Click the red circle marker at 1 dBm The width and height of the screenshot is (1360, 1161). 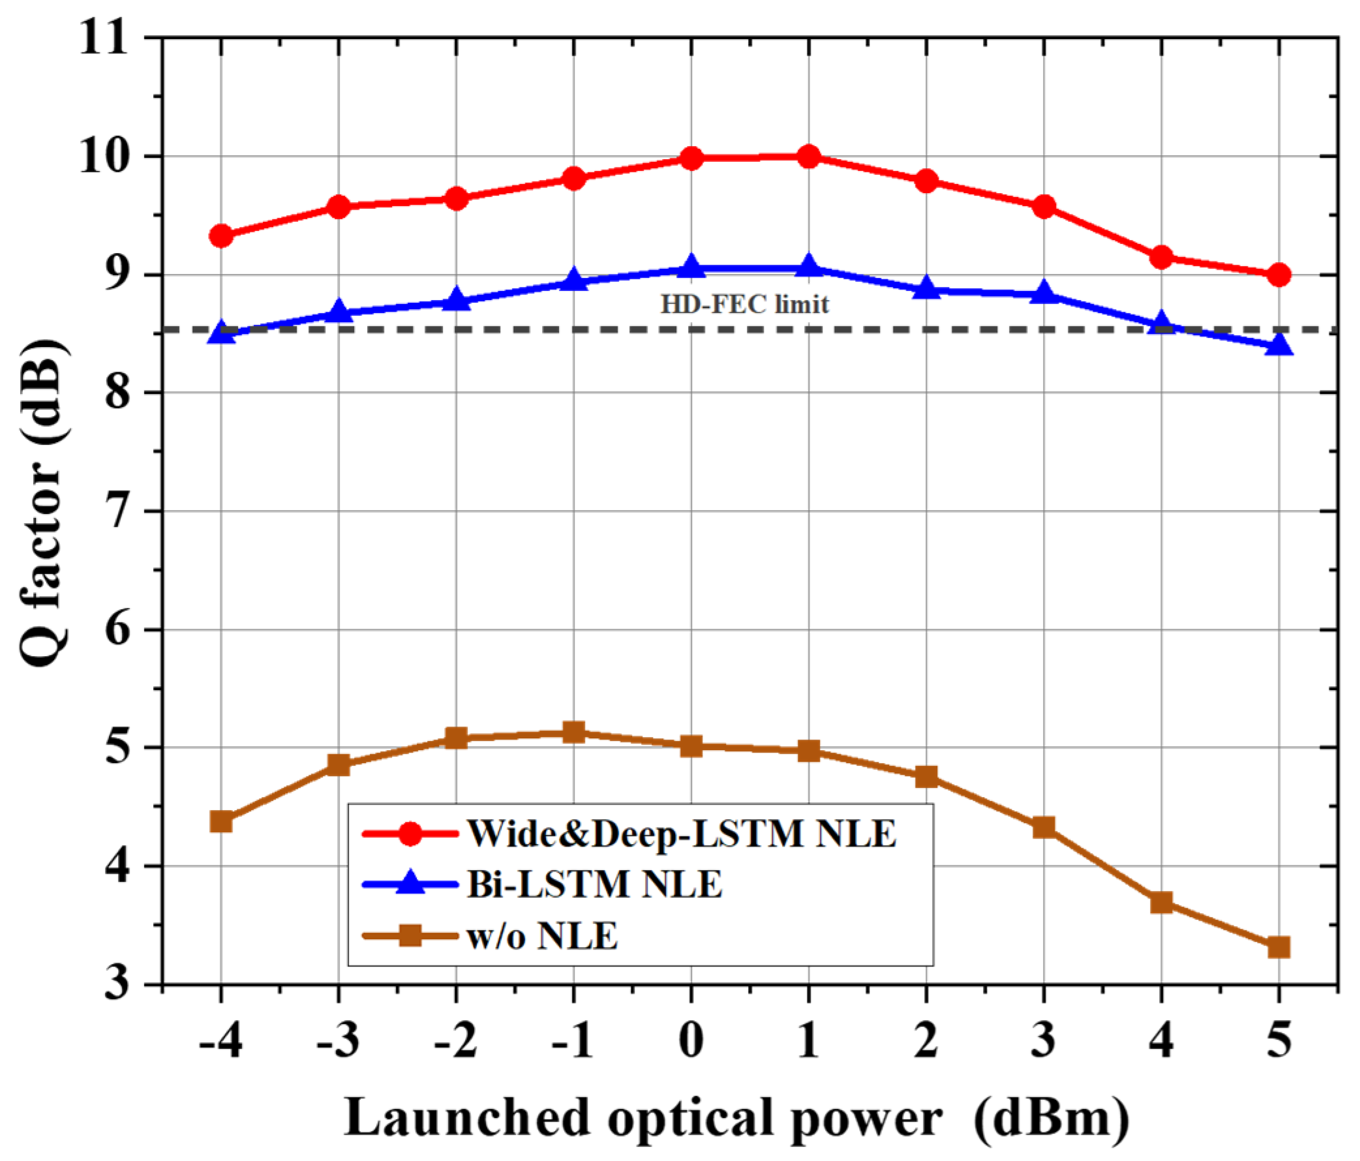click(x=808, y=157)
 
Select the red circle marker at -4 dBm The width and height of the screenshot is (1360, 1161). click(x=221, y=235)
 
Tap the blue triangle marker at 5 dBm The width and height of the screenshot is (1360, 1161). click(x=1278, y=344)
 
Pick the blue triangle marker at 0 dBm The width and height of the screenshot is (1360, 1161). click(x=691, y=267)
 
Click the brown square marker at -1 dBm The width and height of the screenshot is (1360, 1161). click(x=573, y=732)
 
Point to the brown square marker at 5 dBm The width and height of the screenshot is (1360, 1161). click(x=1278, y=947)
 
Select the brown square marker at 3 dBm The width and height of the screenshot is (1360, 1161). click(x=1044, y=828)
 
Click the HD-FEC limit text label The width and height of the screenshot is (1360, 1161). click(x=744, y=305)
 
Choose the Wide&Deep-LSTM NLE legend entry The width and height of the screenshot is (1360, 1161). click(x=682, y=834)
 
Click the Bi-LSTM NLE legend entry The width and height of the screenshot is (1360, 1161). click(x=594, y=884)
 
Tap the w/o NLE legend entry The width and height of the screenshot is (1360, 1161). click(x=542, y=935)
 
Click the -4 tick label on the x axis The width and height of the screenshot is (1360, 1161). click(x=220, y=1040)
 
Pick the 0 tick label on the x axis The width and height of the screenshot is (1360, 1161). click(x=691, y=1040)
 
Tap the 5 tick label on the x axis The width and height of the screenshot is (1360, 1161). click(x=1278, y=1040)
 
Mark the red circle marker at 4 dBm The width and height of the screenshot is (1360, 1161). click(x=1161, y=257)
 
